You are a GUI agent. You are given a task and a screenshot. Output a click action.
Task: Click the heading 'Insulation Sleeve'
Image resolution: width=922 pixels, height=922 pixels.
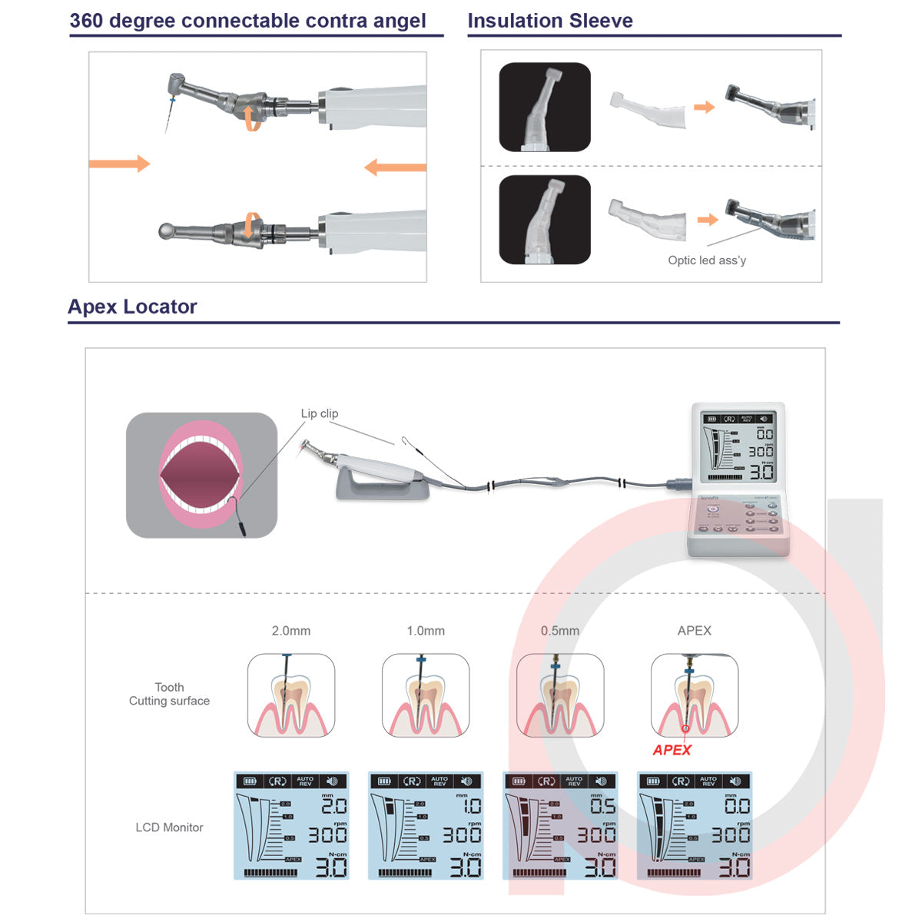pyautogui.click(x=550, y=21)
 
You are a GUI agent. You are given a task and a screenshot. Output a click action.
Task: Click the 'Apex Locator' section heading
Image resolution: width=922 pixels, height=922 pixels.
pyautogui.click(x=132, y=307)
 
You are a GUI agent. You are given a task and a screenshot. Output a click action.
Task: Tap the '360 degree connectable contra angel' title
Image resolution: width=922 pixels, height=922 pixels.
pyautogui.click(x=247, y=21)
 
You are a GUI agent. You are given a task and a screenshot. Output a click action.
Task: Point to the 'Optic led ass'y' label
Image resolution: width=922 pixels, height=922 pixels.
pyautogui.click(x=707, y=260)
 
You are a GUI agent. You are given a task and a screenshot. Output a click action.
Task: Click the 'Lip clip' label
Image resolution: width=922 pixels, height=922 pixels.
pyautogui.click(x=319, y=413)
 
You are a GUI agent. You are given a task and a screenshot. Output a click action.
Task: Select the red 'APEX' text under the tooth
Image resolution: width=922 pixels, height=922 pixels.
pyautogui.click(x=672, y=750)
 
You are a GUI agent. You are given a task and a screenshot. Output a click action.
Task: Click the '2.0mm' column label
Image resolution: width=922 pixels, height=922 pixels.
pyautogui.click(x=290, y=631)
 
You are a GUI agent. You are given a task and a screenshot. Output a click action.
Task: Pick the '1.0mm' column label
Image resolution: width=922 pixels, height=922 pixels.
pyautogui.click(x=426, y=631)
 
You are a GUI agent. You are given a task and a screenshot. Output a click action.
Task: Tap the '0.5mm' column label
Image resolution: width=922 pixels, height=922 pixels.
pyautogui.click(x=559, y=631)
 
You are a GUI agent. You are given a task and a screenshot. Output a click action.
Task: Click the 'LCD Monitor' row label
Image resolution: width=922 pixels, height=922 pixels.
pyautogui.click(x=169, y=827)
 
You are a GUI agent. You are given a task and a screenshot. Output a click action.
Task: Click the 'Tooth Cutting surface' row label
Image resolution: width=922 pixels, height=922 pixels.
pyautogui.click(x=169, y=694)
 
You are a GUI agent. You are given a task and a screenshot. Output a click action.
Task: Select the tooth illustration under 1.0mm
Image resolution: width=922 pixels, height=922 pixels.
pyautogui.click(x=426, y=695)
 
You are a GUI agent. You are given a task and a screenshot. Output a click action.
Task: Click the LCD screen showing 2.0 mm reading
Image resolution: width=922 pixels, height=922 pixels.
pyautogui.click(x=291, y=826)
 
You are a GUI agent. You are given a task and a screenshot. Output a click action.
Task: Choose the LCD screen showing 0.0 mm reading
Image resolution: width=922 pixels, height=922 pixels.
pyautogui.click(x=695, y=826)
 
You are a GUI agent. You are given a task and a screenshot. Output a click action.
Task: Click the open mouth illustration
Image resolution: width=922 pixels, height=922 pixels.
pyautogui.click(x=201, y=474)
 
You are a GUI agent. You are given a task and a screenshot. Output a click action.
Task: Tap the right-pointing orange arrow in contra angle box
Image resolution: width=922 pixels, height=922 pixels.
pyautogui.click(x=119, y=163)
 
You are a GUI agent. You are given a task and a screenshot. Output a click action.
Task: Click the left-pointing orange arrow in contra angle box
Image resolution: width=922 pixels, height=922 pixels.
pyautogui.click(x=395, y=167)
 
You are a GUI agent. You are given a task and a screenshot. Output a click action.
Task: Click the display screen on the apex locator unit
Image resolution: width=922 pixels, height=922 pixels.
pyautogui.click(x=738, y=446)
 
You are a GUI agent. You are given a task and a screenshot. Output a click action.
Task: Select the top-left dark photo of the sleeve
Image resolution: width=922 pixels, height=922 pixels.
pyautogui.click(x=545, y=107)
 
